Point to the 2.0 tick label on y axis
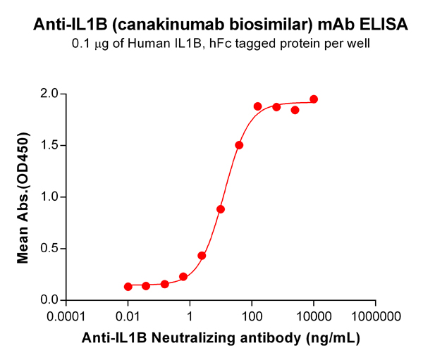(51, 94)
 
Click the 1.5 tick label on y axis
(51, 146)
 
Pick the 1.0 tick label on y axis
(51, 197)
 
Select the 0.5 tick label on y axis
(51, 249)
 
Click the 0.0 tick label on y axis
(51, 300)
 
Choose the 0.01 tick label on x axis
(128, 316)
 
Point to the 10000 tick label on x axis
(313, 316)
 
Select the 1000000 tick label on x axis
(372, 316)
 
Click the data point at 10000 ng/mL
(314, 99)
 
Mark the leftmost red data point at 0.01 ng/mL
(128, 287)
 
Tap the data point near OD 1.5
(239, 145)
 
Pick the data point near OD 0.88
(221, 209)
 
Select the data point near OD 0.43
(202, 256)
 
